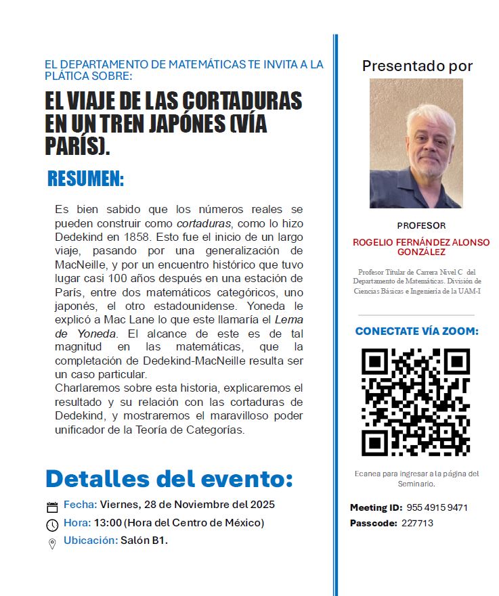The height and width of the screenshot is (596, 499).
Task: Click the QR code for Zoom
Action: click(416, 402)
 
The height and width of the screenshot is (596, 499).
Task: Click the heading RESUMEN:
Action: click(85, 179)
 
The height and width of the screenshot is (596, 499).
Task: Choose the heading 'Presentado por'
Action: click(417, 66)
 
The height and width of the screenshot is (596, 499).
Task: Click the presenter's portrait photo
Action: click(416, 143)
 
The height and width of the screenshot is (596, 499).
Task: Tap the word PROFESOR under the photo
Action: click(421, 226)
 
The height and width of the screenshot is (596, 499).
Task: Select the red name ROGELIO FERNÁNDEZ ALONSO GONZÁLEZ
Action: click(421, 247)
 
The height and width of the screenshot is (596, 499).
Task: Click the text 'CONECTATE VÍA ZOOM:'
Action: click(417, 331)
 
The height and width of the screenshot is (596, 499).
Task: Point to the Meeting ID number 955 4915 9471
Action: click(437, 508)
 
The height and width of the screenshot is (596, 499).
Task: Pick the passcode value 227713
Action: click(417, 523)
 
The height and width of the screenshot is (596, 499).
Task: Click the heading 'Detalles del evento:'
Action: click(169, 479)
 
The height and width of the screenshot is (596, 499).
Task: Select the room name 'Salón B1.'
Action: click(144, 541)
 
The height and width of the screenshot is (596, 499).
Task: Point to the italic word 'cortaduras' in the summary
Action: click(204, 223)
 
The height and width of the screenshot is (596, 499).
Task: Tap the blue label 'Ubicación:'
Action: click(90, 541)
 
